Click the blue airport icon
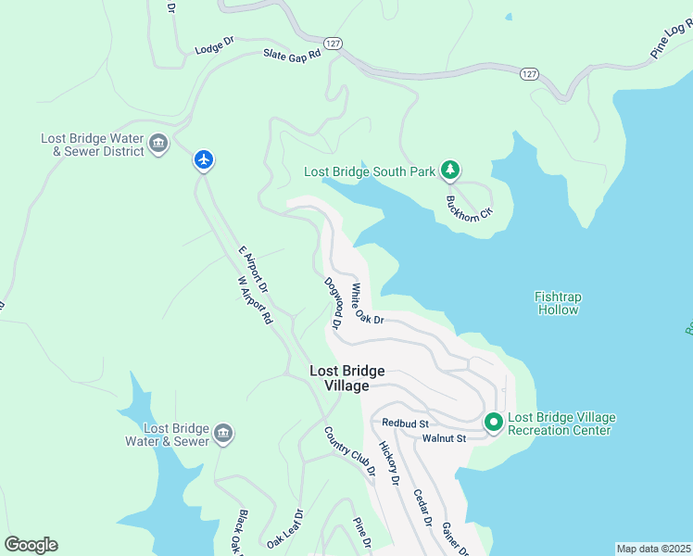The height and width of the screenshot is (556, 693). (x=204, y=160)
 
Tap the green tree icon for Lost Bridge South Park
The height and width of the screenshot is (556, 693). (x=450, y=170)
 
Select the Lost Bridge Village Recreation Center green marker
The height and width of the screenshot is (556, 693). (x=494, y=423)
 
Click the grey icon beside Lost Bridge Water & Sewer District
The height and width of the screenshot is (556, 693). (x=158, y=145)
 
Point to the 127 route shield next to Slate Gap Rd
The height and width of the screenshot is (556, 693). (x=334, y=43)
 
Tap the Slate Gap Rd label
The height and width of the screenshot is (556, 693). (x=291, y=55)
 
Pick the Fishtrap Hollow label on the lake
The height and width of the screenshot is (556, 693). (x=558, y=303)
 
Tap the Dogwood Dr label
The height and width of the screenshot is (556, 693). (x=334, y=303)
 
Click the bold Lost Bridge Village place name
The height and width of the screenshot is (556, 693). (x=346, y=378)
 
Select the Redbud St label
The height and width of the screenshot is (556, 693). (x=404, y=423)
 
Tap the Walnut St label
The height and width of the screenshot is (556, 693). (x=444, y=437)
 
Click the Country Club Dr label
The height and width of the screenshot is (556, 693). (x=349, y=450)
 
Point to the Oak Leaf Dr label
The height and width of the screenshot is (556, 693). (x=284, y=528)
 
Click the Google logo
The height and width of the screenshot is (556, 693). (x=31, y=545)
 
